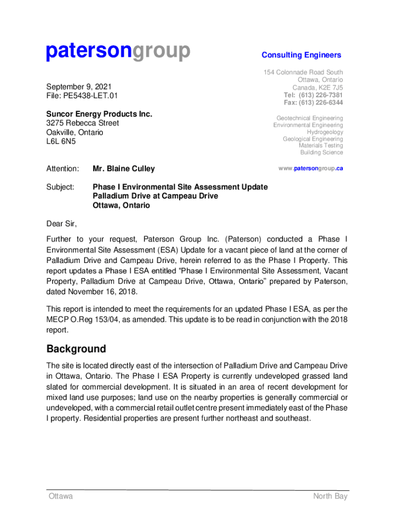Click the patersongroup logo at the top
pyautogui.click(x=118, y=52)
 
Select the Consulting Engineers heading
pyautogui.click(x=301, y=55)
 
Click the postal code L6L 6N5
pyautogui.click(x=61, y=141)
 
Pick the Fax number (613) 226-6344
pyautogui.click(x=322, y=103)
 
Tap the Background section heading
pyautogui.click(x=76, y=349)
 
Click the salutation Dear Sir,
pyautogui.click(x=61, y=224)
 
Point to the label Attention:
pyautogui.click(x=62, y=168)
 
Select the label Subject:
pyautogui.click(x=60, y=187)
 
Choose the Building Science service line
pyautogui.click(x=321, y=152)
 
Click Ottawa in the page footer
pyautogui.click(x=60, y=496)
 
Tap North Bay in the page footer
pyautogui.click(x=330, y=496)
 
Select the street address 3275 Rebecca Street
pyautogui.click(x=82, y=123)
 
